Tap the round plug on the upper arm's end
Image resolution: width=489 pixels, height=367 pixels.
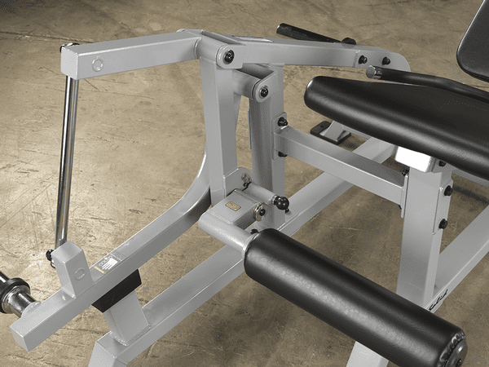pos(98,64)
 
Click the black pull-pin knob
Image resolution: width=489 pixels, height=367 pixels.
pos(281,201)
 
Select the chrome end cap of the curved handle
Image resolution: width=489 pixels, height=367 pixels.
pos(372,73)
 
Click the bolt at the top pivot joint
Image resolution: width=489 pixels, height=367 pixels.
pos(230,55)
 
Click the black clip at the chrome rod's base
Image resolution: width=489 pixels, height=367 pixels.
pos(51,254)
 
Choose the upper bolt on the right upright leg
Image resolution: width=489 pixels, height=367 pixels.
pos(447,191)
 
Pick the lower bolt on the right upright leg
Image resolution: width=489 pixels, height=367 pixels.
pos(443,223)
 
